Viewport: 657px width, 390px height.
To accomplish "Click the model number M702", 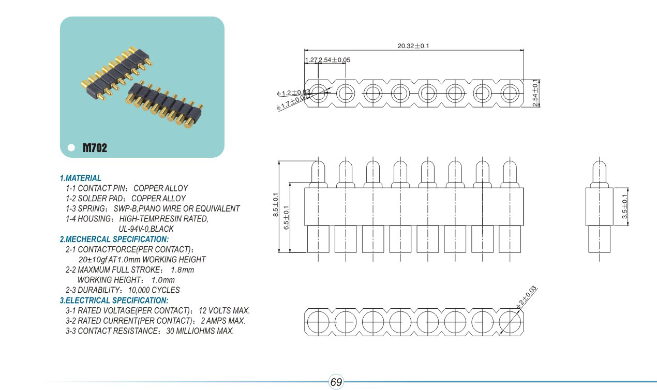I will (x=95, y=148).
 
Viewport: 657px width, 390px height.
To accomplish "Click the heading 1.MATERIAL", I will (x=81, y=178).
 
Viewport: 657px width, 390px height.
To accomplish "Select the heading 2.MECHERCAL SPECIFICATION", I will (x=114, y=239).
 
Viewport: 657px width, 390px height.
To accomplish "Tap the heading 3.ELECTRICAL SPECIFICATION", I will (x=114, y=301).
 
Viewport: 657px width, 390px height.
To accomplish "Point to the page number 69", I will (x=336, y=382).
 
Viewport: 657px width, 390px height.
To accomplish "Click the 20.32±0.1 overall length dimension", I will (x=413, y=46).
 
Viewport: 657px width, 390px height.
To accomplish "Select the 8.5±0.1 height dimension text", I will (x=276, y=205).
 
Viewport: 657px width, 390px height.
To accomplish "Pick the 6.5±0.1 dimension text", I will (x=286, y=218).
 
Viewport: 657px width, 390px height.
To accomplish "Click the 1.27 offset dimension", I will (x=310, y=60).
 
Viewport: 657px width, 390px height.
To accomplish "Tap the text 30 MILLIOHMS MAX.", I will (x=200, y=331).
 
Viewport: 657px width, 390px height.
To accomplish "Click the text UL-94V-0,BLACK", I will (x=146, y=229).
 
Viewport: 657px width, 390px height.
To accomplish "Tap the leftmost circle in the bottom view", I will (x=318, y=322).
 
